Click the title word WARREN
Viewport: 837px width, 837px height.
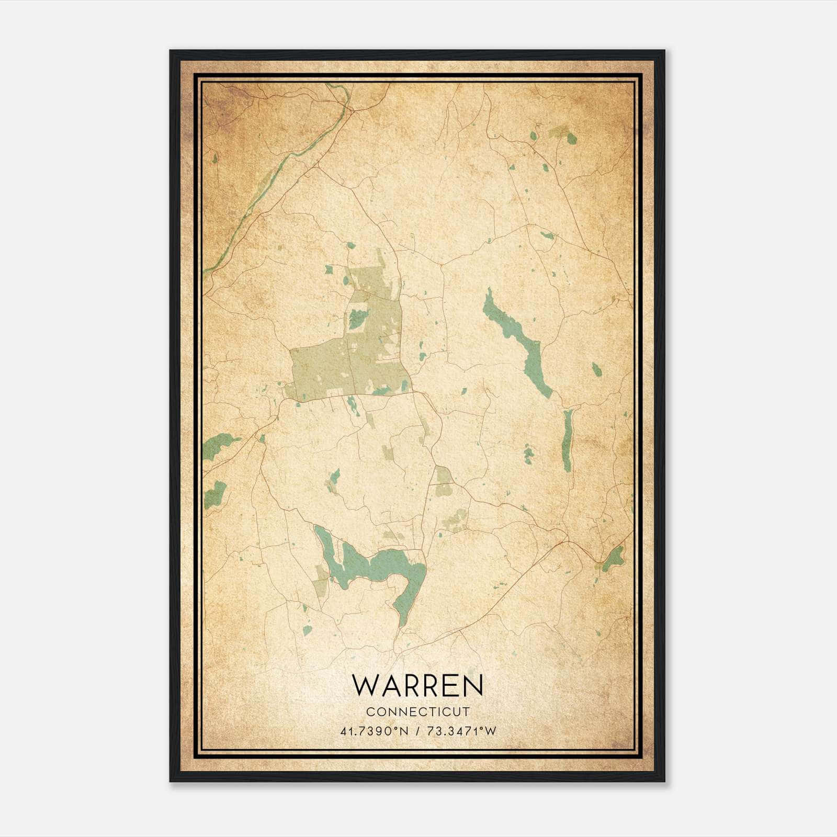coord(417,686)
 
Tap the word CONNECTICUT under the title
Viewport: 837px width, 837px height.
coord(417,711)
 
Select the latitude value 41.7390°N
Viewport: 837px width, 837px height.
coord(373,731)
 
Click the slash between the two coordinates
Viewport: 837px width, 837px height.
coord(417,731)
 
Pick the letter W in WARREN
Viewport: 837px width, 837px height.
coord(365,686)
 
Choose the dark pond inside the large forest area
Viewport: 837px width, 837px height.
coord(357,316)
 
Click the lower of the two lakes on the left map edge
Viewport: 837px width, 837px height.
coord(216,493)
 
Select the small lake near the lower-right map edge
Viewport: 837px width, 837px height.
coord(613,559)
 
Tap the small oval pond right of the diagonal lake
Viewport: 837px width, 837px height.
coord(596,369)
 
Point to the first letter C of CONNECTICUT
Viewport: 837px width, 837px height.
coord(370,711)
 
